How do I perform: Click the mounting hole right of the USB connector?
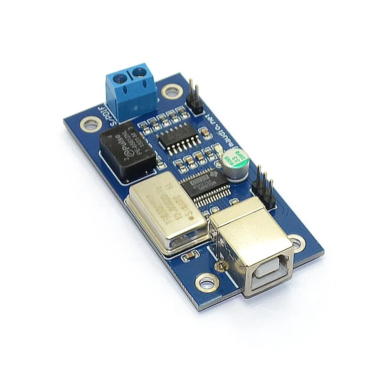tap(297, 243)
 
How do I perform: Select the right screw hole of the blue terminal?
tap(138, 72)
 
